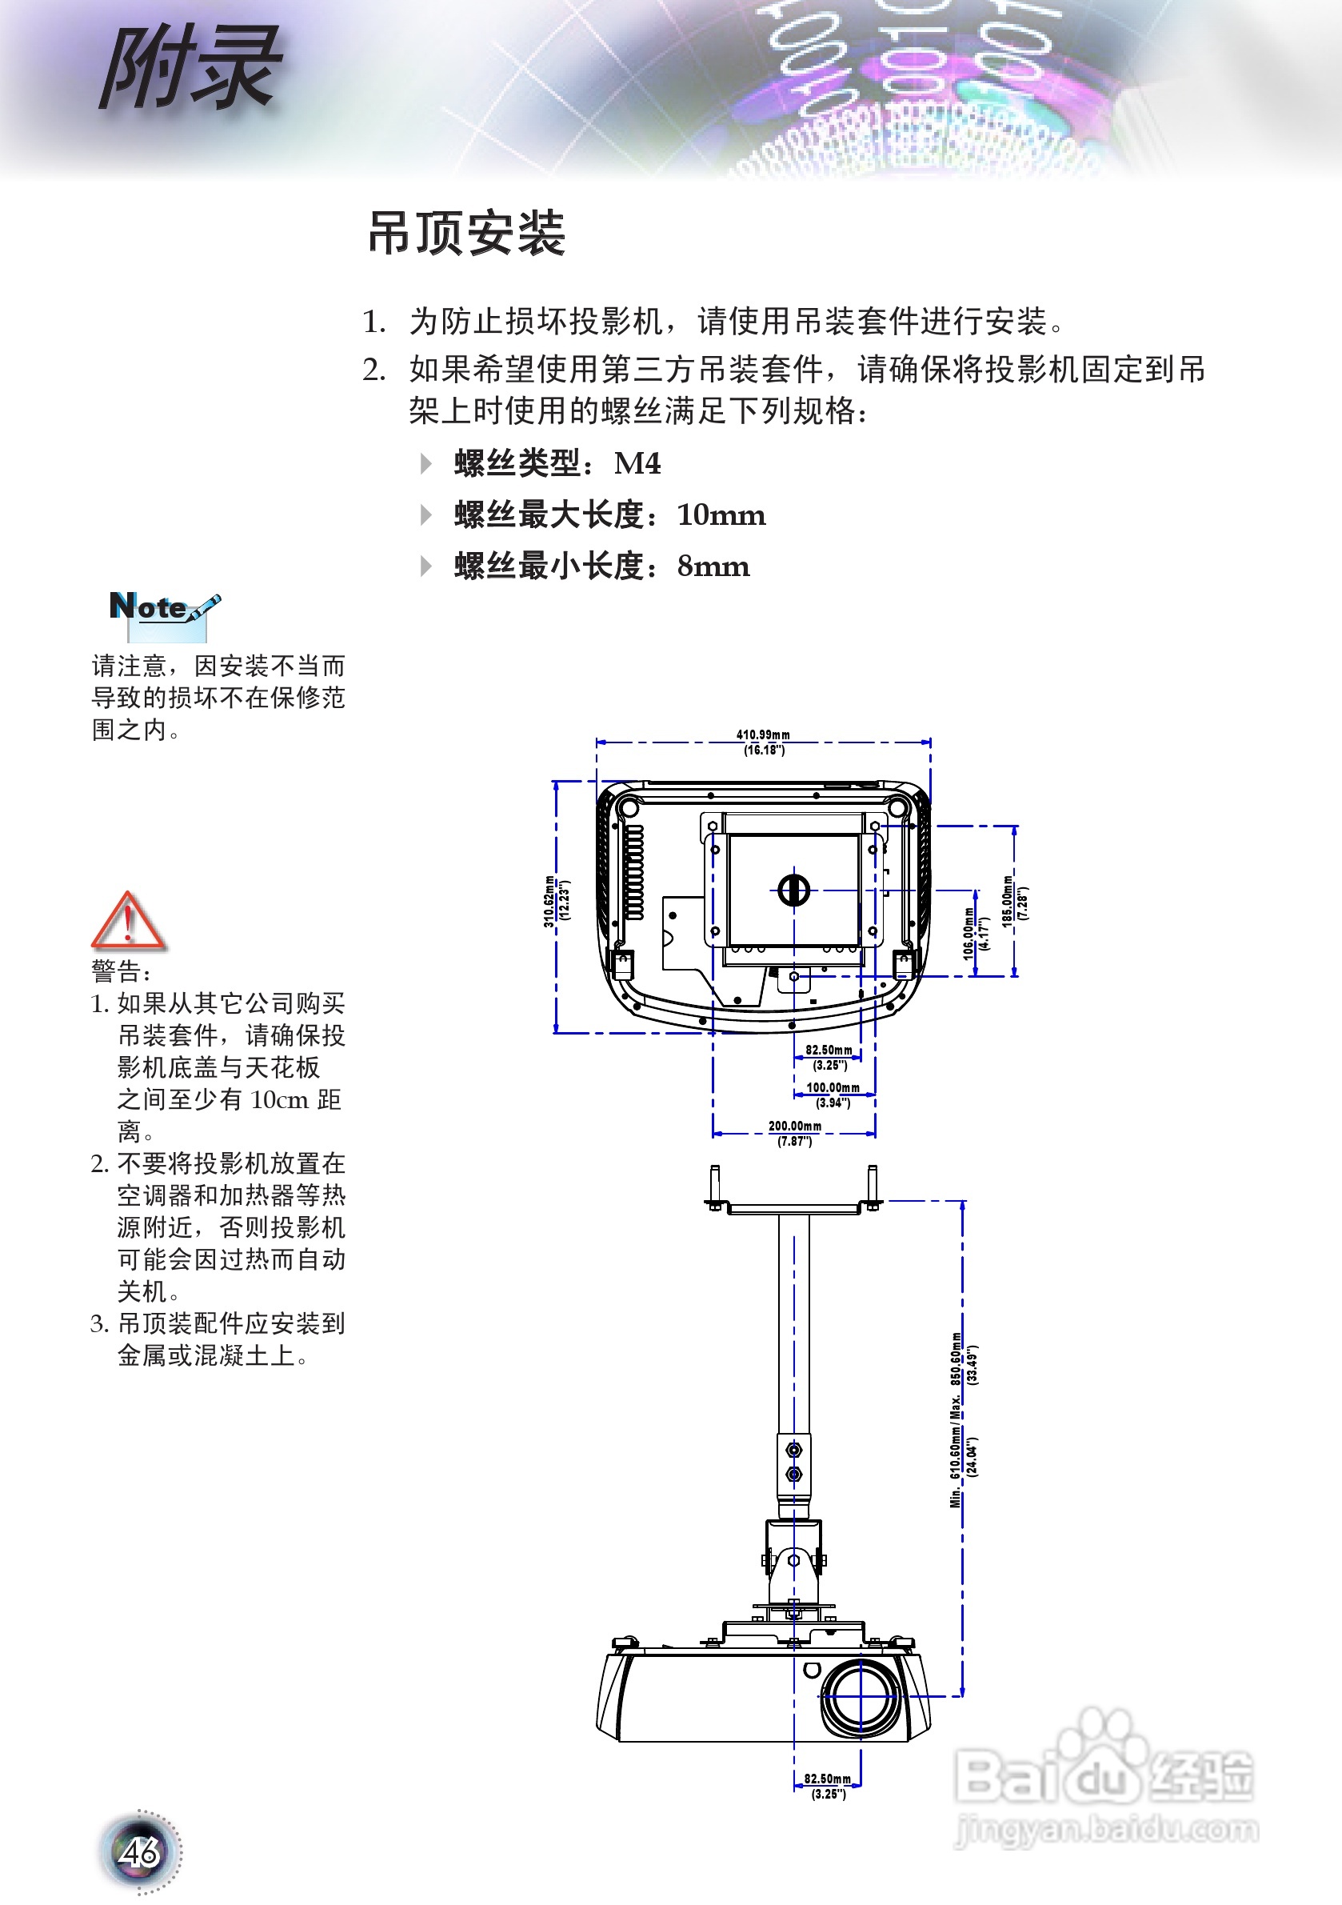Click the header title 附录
point(191,68)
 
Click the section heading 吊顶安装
point(466,233)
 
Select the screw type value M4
point(637,463)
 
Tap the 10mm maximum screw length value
point(721,515)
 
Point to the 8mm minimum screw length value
point(713,566)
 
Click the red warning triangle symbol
point(128,921)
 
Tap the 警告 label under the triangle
point(121,971)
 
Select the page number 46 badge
point(139,1851)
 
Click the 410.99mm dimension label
point(763,735)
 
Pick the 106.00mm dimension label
point(969,934)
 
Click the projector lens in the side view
point(860,1696)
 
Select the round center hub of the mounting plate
point(793,890)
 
